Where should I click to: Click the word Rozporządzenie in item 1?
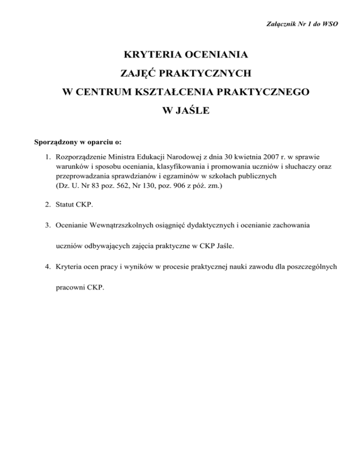pos(80,155)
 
